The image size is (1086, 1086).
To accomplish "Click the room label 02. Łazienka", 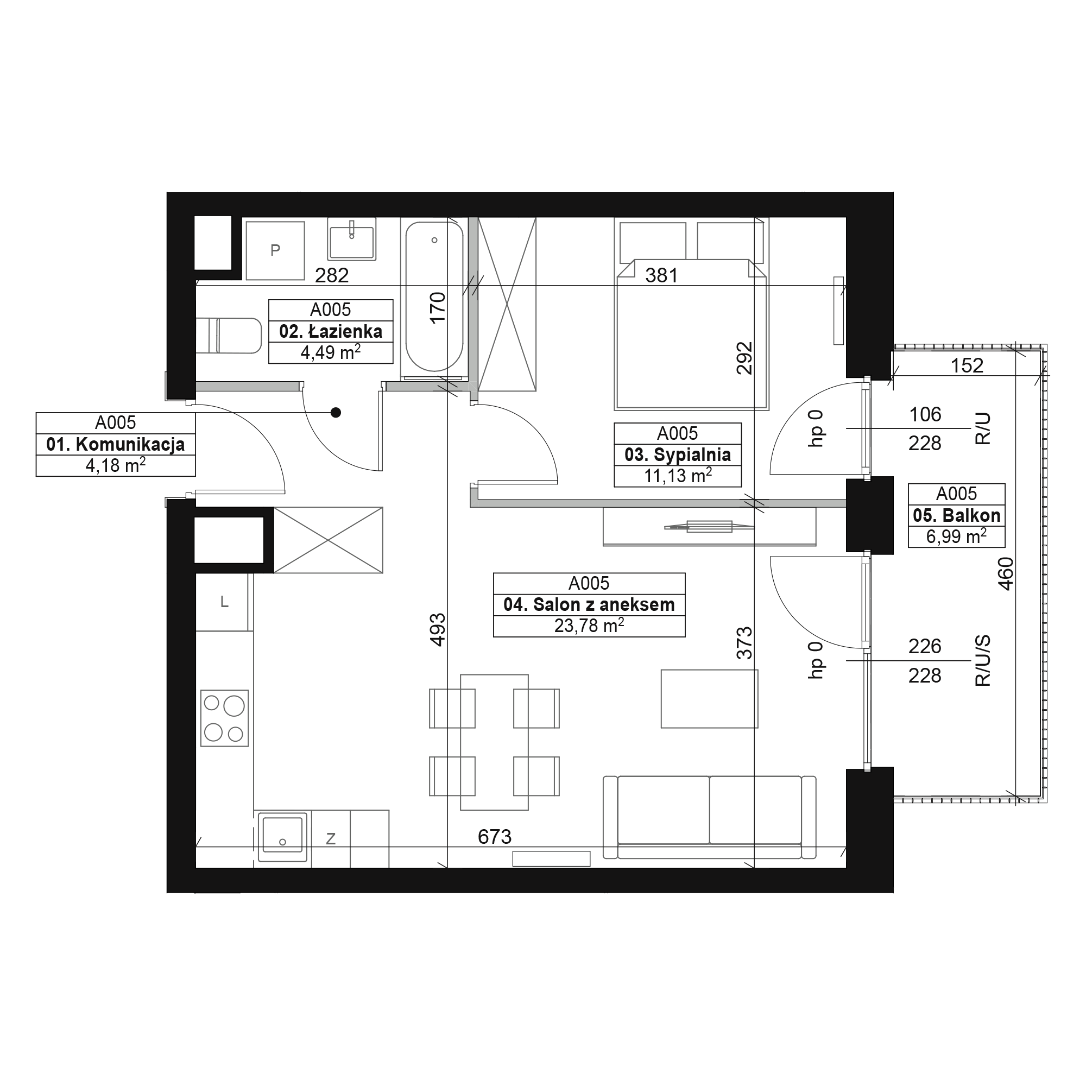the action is coord(331,332).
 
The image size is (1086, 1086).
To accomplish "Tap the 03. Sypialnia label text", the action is coord(677,454).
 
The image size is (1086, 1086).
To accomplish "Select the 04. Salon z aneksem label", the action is coord(589,605).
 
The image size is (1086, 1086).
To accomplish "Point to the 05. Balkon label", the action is coord(956,515).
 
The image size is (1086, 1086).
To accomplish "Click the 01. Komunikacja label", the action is coord(116,445).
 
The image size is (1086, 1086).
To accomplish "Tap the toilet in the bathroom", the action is coord(229,336).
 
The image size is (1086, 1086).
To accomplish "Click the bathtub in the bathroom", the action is coord(434,297).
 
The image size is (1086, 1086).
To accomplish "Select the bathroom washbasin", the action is coord(352,239).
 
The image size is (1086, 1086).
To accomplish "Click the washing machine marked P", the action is coord(275,250).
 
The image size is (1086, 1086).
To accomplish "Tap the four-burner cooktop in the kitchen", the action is coord(224,718).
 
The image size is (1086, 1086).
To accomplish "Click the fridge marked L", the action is coord(224,602).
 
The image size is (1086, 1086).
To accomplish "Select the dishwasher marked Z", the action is coord(331,839).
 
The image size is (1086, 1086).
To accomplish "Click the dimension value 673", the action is coord(495,837).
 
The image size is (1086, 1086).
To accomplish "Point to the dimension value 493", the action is coord(437,629).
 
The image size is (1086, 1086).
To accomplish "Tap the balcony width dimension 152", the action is coord(967,366).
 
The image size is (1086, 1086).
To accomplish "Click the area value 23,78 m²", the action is coord(589,626).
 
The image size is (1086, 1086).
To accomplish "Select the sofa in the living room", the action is coord(709,817).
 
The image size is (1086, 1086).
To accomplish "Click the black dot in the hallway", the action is coord(336,413).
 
